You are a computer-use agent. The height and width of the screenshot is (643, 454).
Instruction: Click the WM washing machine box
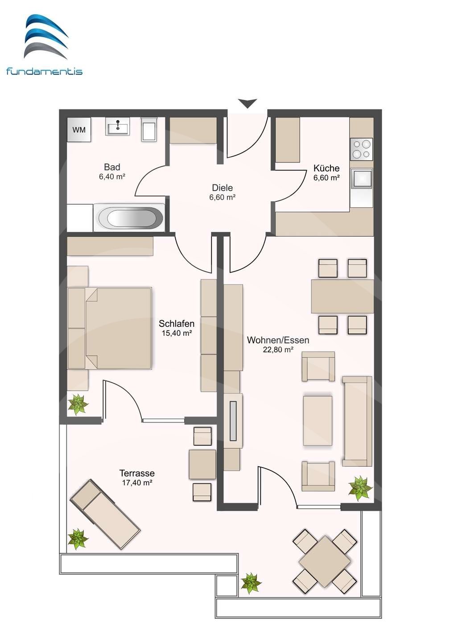(79, 129)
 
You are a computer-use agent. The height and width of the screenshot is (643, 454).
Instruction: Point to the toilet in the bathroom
(149, 129)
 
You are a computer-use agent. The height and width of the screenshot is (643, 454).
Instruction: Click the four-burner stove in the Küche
(361, 149)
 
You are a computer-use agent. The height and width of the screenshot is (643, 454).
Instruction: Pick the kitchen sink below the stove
(361, 179)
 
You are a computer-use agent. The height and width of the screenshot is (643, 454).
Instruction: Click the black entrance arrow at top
(248, 103)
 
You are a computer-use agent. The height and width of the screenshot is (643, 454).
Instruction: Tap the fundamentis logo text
(45, 71)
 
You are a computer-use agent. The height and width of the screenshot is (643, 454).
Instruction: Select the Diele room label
(223, 188)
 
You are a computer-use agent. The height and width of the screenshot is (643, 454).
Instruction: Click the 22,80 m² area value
(278, 350)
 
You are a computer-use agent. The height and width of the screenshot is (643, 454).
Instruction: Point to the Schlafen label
(177, 323)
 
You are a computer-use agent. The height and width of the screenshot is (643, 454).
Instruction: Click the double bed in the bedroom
(110, 328)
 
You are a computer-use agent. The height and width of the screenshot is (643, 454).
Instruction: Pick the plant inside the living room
(360, 488)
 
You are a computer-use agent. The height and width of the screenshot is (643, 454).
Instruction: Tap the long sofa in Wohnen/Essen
(357, 422)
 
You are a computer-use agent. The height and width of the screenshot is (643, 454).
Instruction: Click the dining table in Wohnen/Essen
(343, 296)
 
